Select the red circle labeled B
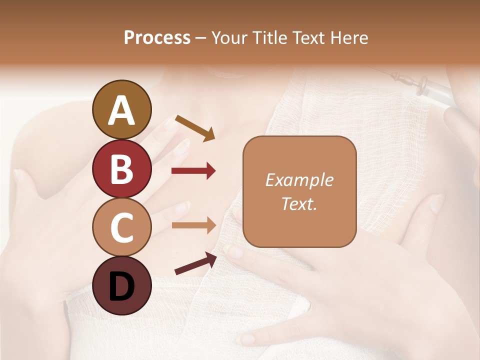(121, 168)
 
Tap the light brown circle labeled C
(121, 227)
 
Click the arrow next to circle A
(195, 128)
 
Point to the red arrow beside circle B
(193, 171)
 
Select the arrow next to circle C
(193, 225)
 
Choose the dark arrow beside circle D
(195, 263)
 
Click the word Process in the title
(157, 38)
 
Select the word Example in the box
(299, 180)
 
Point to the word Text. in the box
(299, 203)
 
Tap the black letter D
(121, 287)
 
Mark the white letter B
(121, 168)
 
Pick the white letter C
(121, 227)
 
